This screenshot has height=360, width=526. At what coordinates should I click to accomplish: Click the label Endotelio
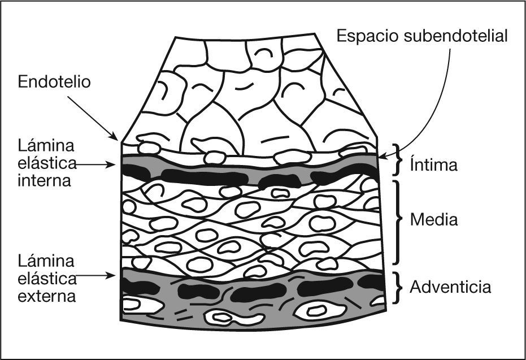coord(54,83)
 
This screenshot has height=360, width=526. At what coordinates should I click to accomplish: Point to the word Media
coord(433,220)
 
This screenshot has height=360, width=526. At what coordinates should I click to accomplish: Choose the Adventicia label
coord(450,287)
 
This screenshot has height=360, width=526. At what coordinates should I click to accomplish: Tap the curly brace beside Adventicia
coord(398,288)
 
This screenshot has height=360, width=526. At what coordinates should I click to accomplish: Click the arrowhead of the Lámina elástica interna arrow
coord(117,165)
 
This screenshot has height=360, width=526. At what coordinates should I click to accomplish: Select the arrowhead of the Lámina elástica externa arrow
coord(117,276)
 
